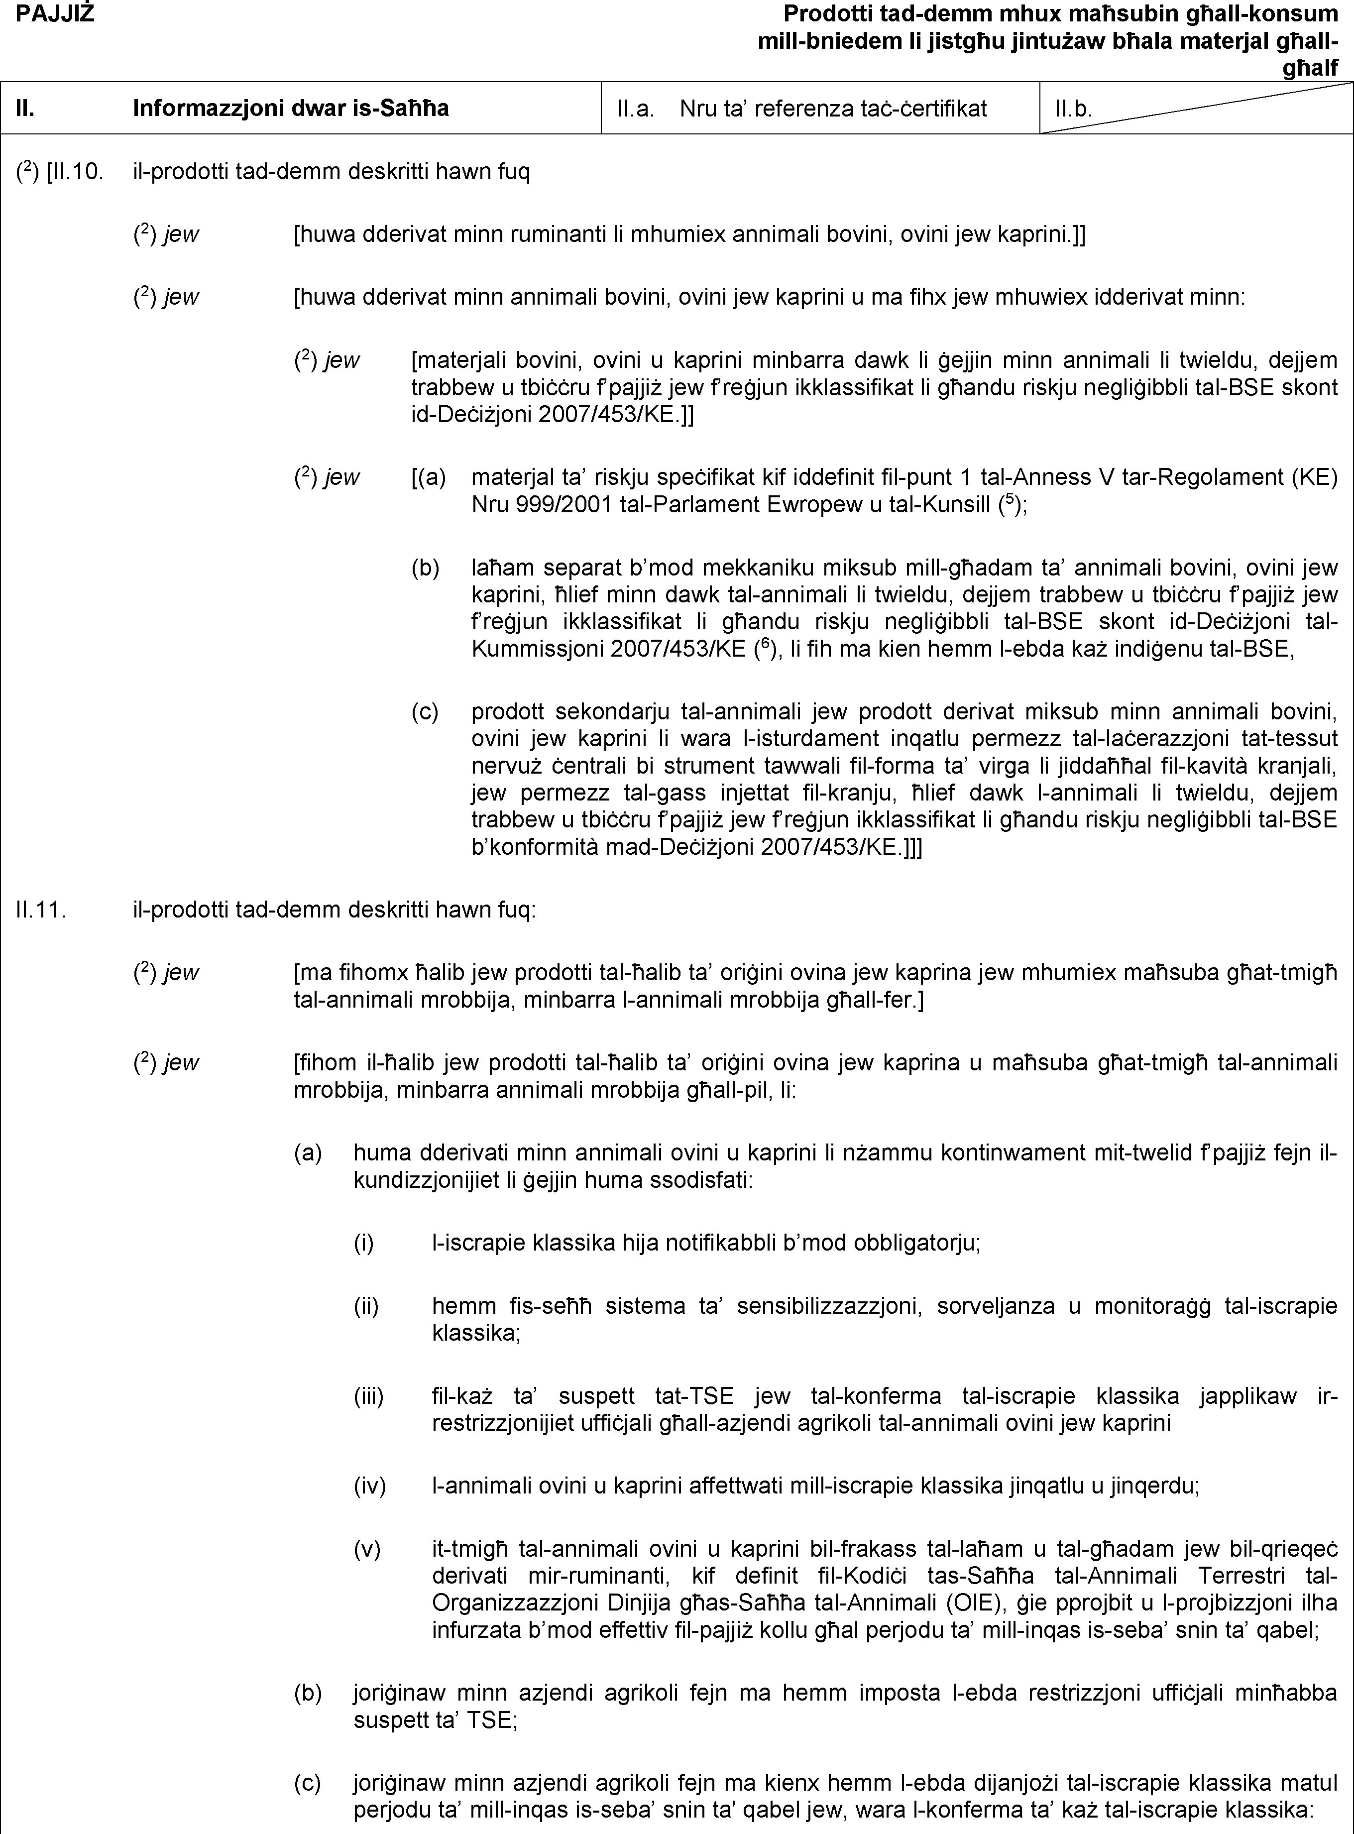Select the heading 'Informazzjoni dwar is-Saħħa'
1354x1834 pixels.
click(x=291, y=108)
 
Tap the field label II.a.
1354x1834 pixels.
click(x=635, y=108)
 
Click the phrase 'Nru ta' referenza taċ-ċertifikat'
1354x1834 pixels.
click(x=833, y=108)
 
